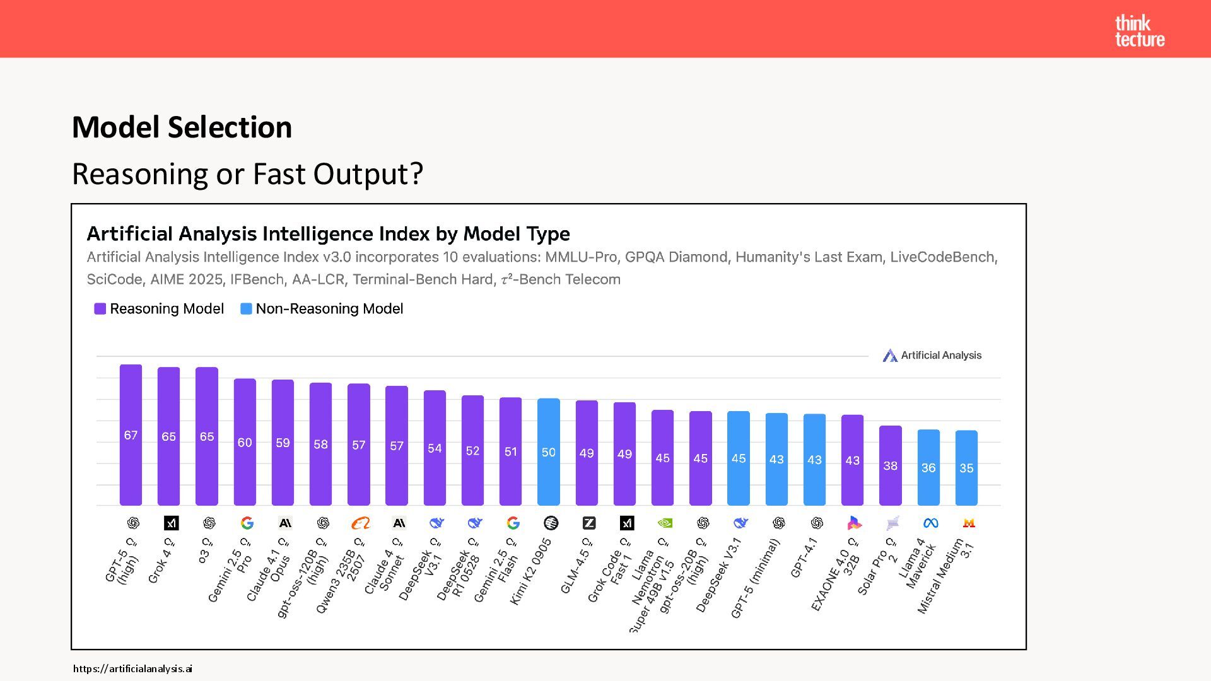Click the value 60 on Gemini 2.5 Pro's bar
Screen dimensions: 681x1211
pyautogui.click(x=245, y=443)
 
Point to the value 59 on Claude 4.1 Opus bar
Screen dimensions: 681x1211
pyautogui.click(x=283, y=443)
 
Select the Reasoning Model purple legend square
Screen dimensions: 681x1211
pyautogui.click(x=100, y=308)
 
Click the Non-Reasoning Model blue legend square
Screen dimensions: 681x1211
pyautogui.click(x=246, y=308)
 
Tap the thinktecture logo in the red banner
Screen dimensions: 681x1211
pyautogui.click(x=1139, y=31)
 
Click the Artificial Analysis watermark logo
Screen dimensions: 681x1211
pyautogui.click(x=932, y=356)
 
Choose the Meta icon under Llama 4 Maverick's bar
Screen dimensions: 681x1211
pyautogui.click(x=930, y=523)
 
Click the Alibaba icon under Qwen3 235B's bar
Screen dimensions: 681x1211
pyautogui.click(x=360, y=523)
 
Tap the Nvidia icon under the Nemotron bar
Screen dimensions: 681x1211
pyautogui.click(x=664, y=523)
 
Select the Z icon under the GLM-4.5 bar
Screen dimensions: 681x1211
pyautogui.click(x=588, y=523)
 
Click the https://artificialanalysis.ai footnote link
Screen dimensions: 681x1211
pyautogui.click(x=132, y=668)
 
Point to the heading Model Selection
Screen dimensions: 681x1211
pyautogui.click(x=182, y=127)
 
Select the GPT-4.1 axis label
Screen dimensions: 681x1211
pyautogui.click(x=804, y=558)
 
